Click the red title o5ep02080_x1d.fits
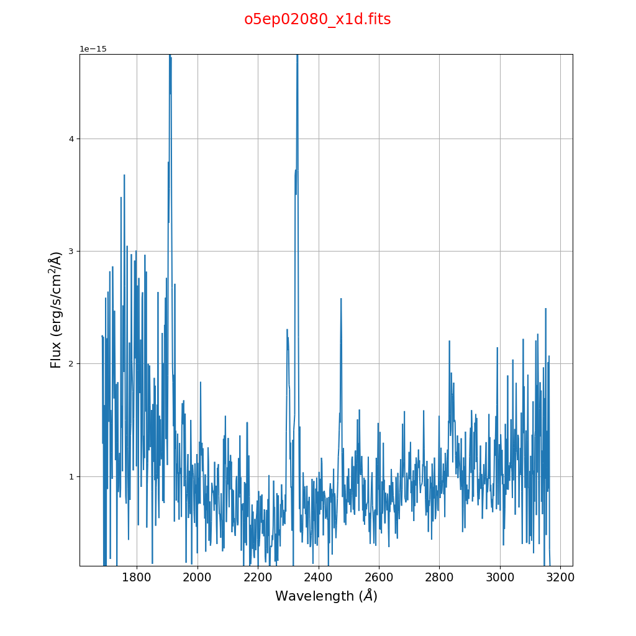[x=317, y=19]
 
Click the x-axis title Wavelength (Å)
[x=326, y=596]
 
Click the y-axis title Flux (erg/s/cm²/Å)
[x=56, y=310]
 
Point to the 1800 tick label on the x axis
[x=137, y=578]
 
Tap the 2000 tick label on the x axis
[x=198, y=578]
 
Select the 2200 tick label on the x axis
[x=258, y=578]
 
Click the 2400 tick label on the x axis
[x=319, y=578]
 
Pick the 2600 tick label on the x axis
[x=379, y=578]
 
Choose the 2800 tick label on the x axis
[x=439, y=578]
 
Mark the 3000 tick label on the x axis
[x=500, y=578]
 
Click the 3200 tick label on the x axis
[x=560, y=578]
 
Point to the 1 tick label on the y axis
[x=71, y=476]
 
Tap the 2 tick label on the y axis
[x=71, y=364]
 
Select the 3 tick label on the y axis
[x=71, y=252]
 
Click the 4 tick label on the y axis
[x=71, y=139]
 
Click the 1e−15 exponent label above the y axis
[x=93, y=49]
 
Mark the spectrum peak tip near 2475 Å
[x=341, y=299]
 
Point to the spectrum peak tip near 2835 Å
[x=449, y=340]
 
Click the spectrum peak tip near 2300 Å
[x=287, y=329]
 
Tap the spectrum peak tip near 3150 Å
[x=545, y=308]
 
